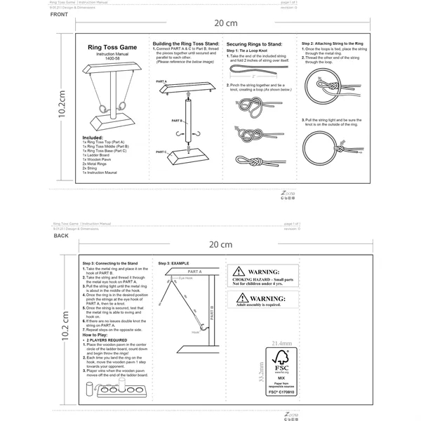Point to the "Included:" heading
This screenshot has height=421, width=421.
pyautogui.click(x=93, y=138)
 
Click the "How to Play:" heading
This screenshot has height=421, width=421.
pyautogui.click(x=98, y=335)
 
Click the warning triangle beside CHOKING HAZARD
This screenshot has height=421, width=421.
pyautogui.click(x=240, y=271)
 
